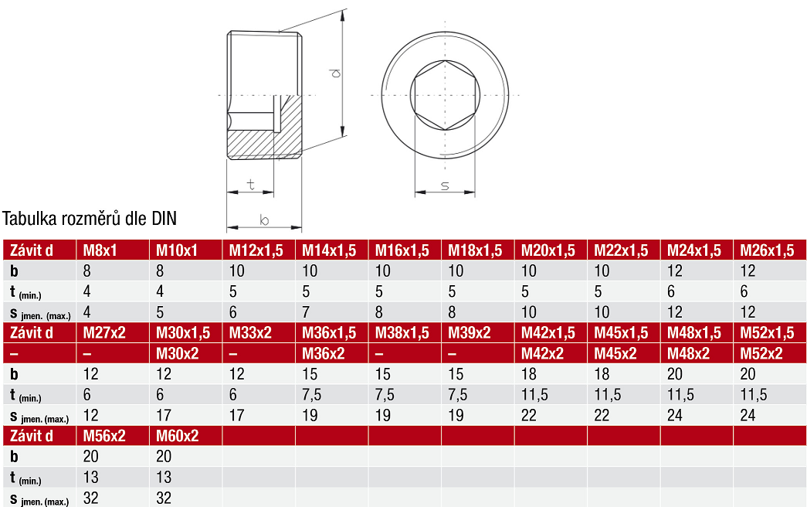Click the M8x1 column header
(100, 250)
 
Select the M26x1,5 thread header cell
(767, 250)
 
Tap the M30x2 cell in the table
(177, 353)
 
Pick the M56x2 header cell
(104, 436)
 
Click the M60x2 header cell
(177, 436)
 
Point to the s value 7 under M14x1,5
(306, 312)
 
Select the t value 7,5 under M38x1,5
(385, 395)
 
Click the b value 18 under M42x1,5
(528, 374)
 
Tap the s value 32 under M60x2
(164, 498)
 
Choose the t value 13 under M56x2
(90, 477)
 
